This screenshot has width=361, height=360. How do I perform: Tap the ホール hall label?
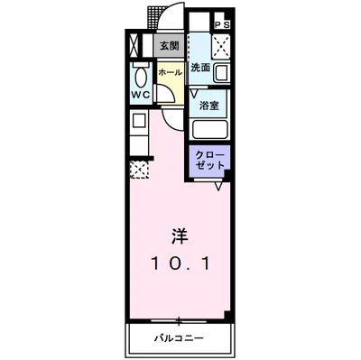[168, 71]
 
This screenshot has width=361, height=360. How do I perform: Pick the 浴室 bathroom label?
[208, 104]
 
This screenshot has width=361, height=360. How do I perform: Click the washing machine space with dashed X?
[219, 47]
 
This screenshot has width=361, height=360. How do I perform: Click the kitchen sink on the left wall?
[139, 121]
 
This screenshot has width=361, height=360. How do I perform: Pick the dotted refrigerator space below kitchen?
[139, 168]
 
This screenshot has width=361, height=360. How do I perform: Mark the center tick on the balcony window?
[179, 320]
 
